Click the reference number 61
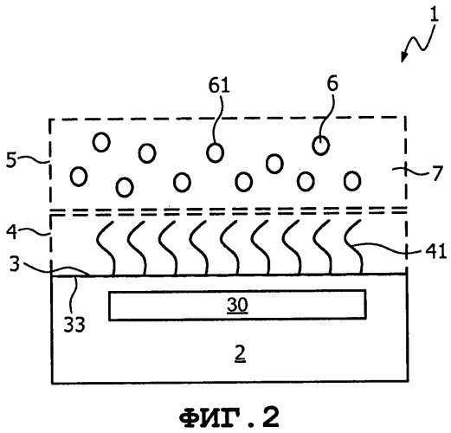pyautogui.click(x=219, y=86)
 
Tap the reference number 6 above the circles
pyautogui.click(x=332, y=84)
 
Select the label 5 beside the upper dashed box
pyautogui.click(x=11, y=160)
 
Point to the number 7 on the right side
pyautogui.click(x=437, y=173)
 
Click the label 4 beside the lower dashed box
pyautogui.click(x=12, y=232)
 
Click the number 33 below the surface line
pyautogui.click(x=74, y=324)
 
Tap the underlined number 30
pyautogui.click(x=237, y=305)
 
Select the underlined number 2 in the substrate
pyautogui.click(x=240, y=354)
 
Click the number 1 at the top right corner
pyautogui.click(x=435, y=15)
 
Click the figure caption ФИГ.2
pyautogui.click(x=229, y=417)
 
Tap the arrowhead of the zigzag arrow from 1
pyautogui.click(x=403, y=57)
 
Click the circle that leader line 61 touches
pyautogui.click(x=215, y=152)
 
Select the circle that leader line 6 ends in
pyautogui.click(x=321, y=145)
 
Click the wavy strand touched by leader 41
pyautogui.click(x=353, y=246)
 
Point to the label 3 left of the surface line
pyautogui.click(x=15, y=263)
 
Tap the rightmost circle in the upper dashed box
pyautogui.click(x=352, y=181)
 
